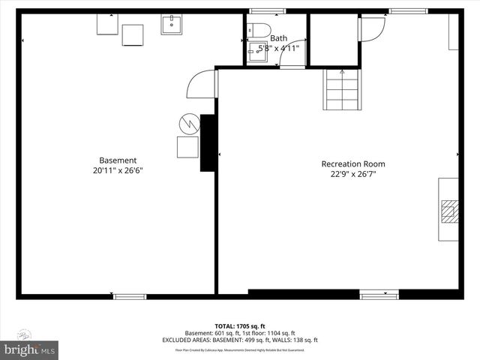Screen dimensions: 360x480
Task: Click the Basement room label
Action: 118,160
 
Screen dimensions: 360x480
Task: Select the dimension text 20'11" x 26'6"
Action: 118,170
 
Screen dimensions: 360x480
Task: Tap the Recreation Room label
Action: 353,163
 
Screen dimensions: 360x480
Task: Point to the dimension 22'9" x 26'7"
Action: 353,174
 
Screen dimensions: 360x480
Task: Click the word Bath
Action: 278,37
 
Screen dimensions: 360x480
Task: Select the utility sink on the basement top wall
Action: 172,24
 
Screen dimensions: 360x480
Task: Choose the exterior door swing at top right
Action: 371,28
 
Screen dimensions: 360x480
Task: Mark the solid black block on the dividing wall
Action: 208,142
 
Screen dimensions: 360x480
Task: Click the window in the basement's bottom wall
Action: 129,296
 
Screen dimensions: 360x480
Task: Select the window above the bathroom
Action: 268,11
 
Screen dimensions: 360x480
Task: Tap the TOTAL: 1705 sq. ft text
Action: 239,326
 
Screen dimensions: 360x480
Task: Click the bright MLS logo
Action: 30,349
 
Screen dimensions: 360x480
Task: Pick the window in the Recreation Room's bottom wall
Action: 379,295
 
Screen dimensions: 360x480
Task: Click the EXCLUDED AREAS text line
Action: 239,340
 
